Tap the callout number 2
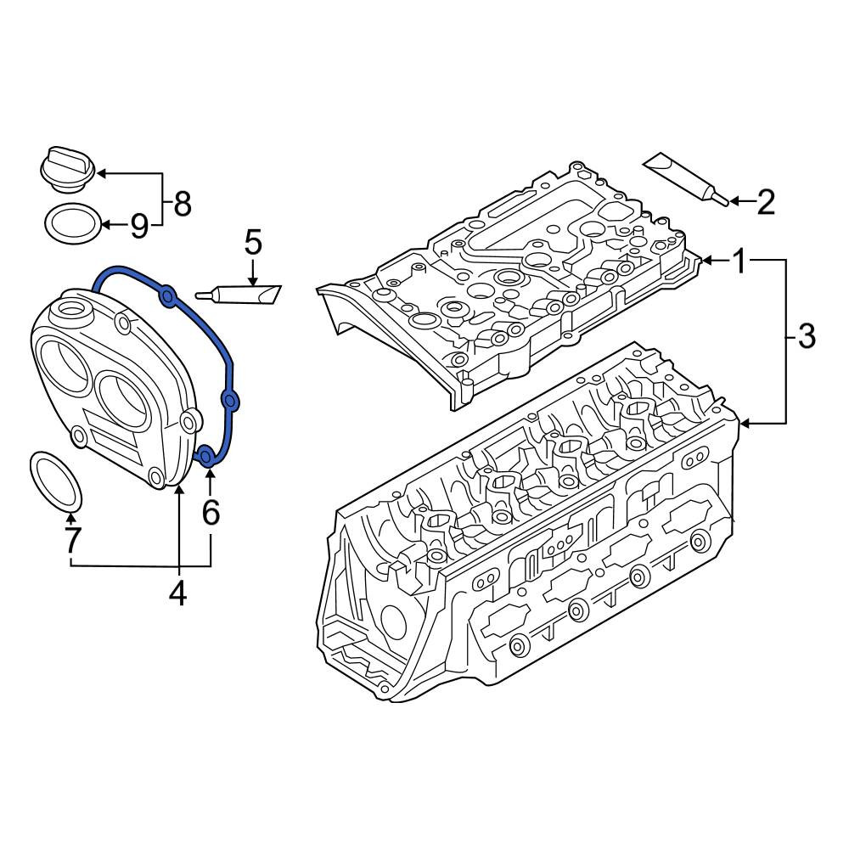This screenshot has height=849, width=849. click(x=766, y=202)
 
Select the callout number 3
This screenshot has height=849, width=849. click(x=807, y=336)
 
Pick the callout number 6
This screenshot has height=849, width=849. click(x=211, y=512)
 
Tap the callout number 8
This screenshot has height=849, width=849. click(x=183, y=205)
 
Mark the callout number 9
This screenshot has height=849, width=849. click(x=139, y=226)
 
